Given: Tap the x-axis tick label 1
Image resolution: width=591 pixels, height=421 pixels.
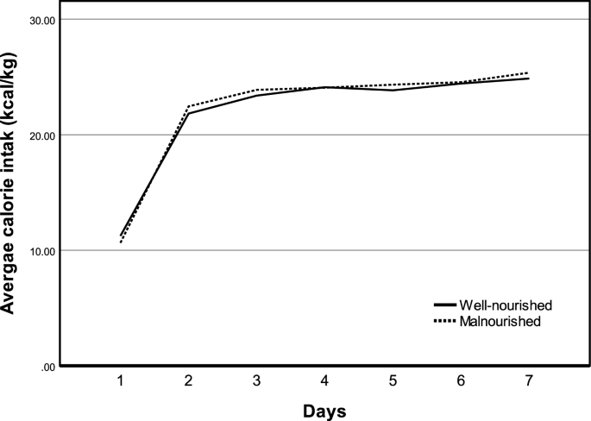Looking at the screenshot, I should click(x=121, y=380).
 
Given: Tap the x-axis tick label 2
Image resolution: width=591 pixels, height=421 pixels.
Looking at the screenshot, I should click(x=188, y=380).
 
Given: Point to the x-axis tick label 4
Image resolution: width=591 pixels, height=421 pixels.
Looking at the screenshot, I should click(x=324, y=380).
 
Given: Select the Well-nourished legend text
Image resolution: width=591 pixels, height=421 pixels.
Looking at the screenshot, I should click(x=506, y=306).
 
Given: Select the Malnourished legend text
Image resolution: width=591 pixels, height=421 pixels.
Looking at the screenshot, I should click(x=500, y=321).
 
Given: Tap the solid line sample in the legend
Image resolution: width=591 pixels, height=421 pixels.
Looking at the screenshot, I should click(x=443, y=306).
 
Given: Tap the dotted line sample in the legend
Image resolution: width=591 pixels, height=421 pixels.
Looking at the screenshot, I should click(x=443, y=321).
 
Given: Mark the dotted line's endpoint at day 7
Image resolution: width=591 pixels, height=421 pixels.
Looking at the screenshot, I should click(x=528, y=73).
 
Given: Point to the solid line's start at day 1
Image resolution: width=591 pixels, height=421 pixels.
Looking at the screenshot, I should click(x=121, y=236).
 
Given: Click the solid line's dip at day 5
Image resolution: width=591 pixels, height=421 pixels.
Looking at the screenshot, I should click(x=393, y=90).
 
